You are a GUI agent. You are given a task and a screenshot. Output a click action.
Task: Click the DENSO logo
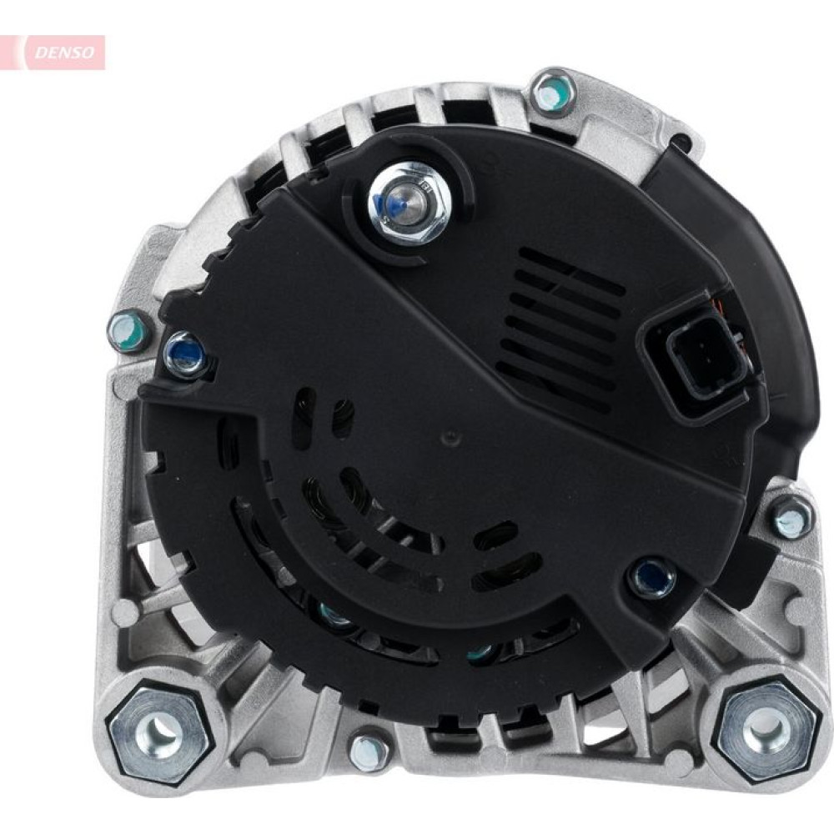tap(64, 52)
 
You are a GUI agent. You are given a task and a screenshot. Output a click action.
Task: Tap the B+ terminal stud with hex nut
tap(410, 204)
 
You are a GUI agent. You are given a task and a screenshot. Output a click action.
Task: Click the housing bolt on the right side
tap(791, 516)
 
